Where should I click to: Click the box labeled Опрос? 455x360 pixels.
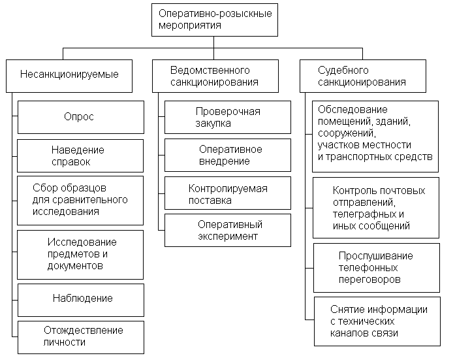pyautogui.click(x=80, y=117)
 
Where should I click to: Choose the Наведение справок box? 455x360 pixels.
pyautogui.click(x=80, y=155)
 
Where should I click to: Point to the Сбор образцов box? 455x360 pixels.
pyautogui.click(x=80, y=200)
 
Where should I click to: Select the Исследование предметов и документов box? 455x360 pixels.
pyautogui.click(x=80, y=254)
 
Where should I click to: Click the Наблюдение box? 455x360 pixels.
pyautogui.click(x=80, y=299)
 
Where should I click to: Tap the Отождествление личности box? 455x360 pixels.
pyautogui.click(x=80, y=336)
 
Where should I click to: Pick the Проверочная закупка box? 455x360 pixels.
pyautogui.click(x=227, y=117)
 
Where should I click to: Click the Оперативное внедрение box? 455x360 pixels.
pyautogui.click(x=227, y=155)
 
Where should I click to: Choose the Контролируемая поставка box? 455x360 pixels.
pyautogui.click(x=227, y=194)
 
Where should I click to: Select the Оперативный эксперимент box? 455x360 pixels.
pyautogui.click(x=227, y=230)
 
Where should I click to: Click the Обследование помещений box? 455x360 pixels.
pyautogui.click(x=374, y=136)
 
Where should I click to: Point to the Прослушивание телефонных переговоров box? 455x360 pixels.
pyautogui.click(x=375, y=267)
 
